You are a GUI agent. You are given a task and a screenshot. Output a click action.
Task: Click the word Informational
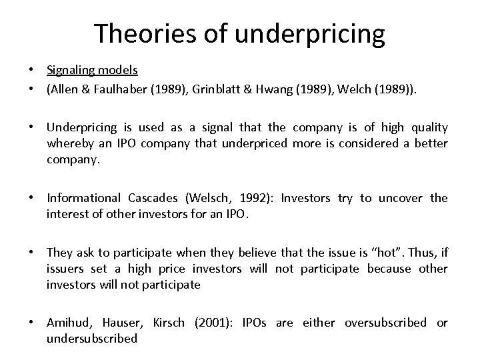tap(83, 198)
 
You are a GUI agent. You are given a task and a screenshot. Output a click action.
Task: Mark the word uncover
tap(402, 198)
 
